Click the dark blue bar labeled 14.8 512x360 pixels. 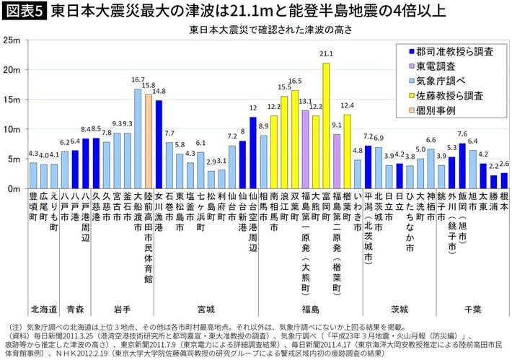pos(159,144)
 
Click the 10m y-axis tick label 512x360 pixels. pos(12,129)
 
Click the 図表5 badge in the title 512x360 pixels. pos(23,11)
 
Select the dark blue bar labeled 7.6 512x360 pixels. pos(462,165)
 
